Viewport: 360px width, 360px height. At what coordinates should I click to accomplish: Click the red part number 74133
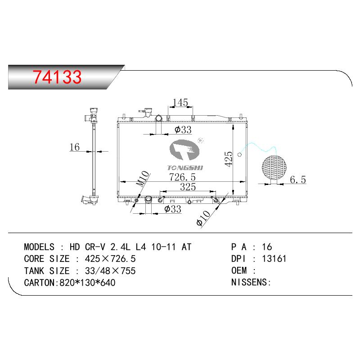tap(57, 77)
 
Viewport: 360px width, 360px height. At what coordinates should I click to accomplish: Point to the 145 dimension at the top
tap(180, 103)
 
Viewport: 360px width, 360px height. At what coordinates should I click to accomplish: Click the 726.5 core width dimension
tap(182, 177)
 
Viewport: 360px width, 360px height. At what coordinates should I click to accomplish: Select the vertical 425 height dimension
tap(229, 159)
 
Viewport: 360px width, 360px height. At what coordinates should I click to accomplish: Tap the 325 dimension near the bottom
tap(188, 187)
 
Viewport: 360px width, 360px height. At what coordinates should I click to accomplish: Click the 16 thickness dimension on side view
tap(75, 147)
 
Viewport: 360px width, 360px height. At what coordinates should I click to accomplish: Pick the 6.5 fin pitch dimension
tap(298, 180)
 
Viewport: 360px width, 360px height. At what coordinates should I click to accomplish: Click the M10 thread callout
tap(142, 179)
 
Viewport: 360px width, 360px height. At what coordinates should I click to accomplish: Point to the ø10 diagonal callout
tap(203, 218)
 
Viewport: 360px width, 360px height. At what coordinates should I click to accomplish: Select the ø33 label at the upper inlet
tap(183, 130)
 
